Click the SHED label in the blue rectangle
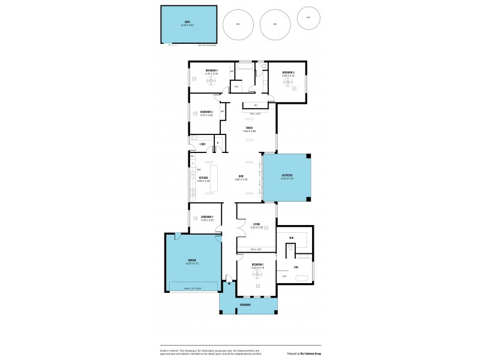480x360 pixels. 187,22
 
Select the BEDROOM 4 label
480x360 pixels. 212,71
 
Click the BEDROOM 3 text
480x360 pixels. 207,112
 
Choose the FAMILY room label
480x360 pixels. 248,127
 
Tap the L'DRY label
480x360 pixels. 203,144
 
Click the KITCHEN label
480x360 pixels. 203,178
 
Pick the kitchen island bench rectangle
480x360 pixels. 212,178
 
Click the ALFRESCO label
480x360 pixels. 287,176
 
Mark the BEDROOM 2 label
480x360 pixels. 208,217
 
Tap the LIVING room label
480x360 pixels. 257,225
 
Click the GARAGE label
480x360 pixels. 190,260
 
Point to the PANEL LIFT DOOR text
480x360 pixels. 193,289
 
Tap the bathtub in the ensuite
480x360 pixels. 301,277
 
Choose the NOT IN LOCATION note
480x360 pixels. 208,45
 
